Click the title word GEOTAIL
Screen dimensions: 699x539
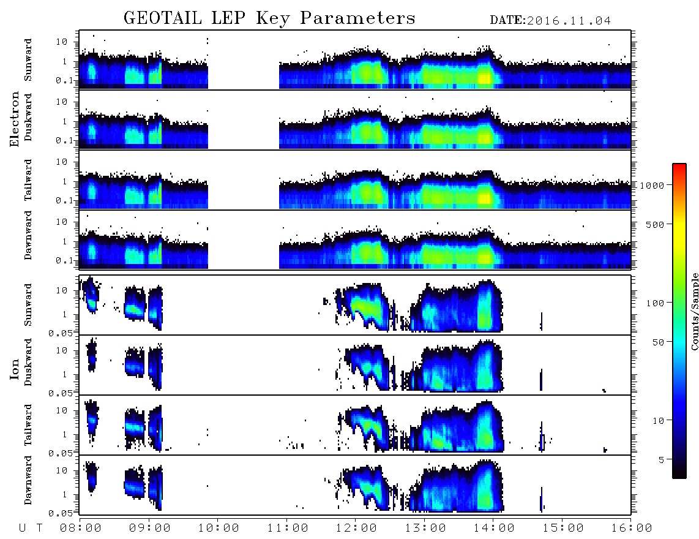coord(162,18)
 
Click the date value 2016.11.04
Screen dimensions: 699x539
coord(569,21)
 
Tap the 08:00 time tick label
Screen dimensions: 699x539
coord(81,529)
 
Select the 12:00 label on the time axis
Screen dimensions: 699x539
coord(356,529)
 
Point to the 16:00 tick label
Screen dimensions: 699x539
coord(632,529)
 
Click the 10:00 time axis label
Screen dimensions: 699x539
coord(219,529)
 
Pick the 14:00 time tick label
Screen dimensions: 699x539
coord(494,529)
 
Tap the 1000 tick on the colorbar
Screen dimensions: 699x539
coord(652,185)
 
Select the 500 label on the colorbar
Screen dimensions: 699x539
coord(656,224)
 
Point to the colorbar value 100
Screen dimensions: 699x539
coord(656,303)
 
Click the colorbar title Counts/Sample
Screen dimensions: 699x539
coord(695,311)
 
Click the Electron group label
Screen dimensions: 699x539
coord(15,119)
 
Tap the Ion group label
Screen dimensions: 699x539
coord(15,369)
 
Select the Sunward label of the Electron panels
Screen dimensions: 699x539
coord(28,60)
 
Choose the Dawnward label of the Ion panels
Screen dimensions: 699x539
coord(28,480)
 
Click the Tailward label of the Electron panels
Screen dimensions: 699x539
coord(28,180)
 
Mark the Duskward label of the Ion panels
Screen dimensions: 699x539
coord(28,362)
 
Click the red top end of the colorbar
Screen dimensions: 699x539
coord(679,165)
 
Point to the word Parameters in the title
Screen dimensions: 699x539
coord(357,18)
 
